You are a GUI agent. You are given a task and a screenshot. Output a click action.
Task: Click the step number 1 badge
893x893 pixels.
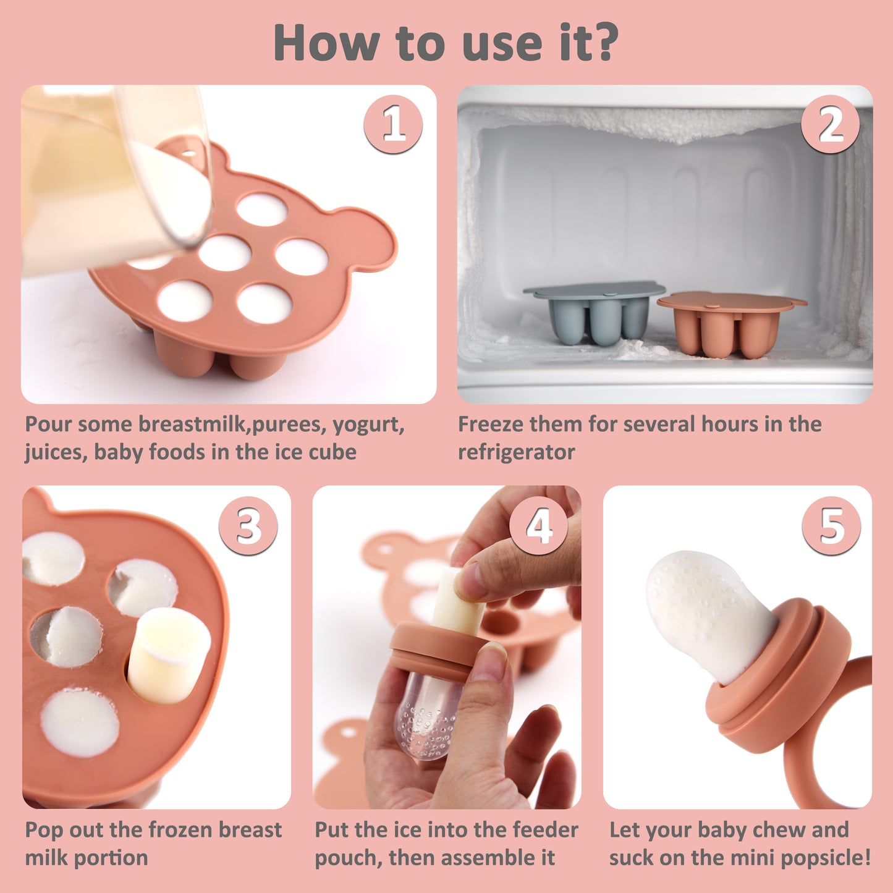point(393,124)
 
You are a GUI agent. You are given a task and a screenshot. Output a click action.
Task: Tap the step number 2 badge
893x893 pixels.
point(830,124)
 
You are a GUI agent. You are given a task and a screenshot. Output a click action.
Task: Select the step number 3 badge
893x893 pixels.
point(248,526)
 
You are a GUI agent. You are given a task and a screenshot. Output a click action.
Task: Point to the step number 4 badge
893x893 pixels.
point(538,526)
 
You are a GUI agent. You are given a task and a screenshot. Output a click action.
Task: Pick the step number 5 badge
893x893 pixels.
point(831,526)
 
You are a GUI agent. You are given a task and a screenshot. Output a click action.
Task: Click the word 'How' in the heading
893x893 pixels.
point(326,42)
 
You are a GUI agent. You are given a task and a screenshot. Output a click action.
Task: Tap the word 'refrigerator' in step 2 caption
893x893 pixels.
point(516,452)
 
